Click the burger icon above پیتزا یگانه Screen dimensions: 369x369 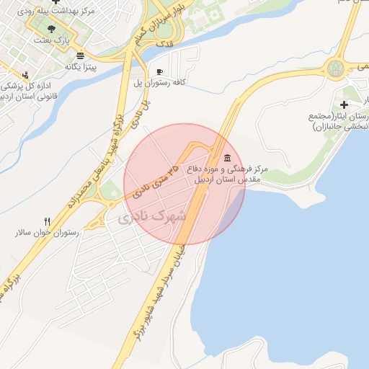point(79,55)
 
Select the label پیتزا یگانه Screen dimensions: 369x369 point(81,67)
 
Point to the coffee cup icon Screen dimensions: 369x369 point(159,71)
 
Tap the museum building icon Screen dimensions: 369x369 point(228,158)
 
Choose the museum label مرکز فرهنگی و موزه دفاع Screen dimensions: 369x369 point(227,169)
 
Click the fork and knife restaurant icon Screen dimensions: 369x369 point(48,221)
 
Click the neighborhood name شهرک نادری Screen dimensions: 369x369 point(153,215)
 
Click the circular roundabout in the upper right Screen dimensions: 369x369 point(337,69)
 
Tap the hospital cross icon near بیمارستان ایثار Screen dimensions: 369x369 point(344,105)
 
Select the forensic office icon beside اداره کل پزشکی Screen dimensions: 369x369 point(26,74)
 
